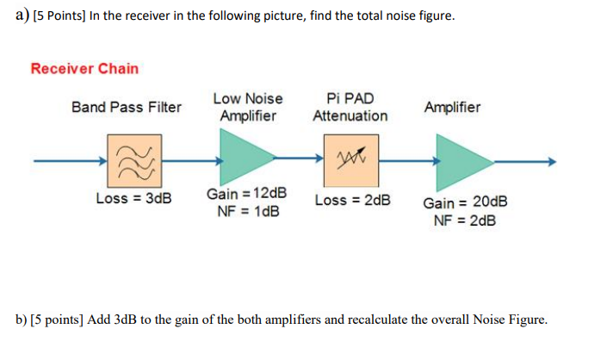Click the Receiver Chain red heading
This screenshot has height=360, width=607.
point(84,69)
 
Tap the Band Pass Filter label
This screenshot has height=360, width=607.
point(127,108)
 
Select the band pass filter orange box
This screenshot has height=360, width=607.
point(132,160)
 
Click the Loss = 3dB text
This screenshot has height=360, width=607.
point(133,199)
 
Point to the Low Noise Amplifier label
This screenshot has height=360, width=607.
point(248,107)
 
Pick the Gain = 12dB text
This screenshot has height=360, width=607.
point(247,194)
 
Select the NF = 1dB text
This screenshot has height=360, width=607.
point(248,212)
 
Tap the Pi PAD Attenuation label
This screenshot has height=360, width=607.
point(350,107)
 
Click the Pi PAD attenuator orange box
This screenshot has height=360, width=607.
point(350,160)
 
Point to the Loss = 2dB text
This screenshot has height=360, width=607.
point(352,200)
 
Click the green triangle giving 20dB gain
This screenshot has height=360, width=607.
point(461,161)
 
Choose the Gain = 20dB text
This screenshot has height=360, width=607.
point(465,202)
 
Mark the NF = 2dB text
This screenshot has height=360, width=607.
point(465,220)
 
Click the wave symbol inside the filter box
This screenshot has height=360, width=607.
point(132,160)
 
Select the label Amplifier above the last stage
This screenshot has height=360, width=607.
point(453,108)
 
